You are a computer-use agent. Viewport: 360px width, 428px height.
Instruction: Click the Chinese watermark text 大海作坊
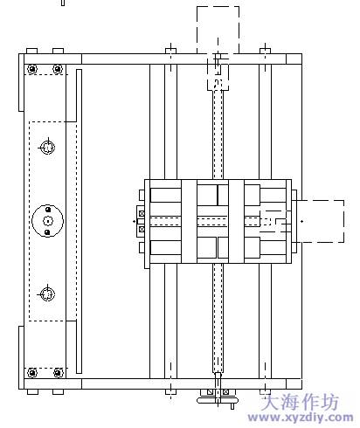tap(300, 402)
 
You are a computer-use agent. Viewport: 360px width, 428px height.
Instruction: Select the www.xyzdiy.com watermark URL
tap(301, 418)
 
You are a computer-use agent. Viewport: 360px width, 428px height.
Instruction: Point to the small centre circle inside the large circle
tap(48, 221)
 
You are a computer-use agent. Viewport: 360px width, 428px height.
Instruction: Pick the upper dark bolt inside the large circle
tap(48, 210)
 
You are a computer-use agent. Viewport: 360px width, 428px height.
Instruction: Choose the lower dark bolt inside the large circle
tap(47, 232)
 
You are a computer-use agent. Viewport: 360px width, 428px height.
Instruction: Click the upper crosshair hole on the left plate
tap(47, 148)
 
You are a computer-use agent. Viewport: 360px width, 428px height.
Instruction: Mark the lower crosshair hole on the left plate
tap(47, 294)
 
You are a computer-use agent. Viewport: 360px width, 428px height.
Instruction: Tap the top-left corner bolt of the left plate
tap(32, 69)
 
